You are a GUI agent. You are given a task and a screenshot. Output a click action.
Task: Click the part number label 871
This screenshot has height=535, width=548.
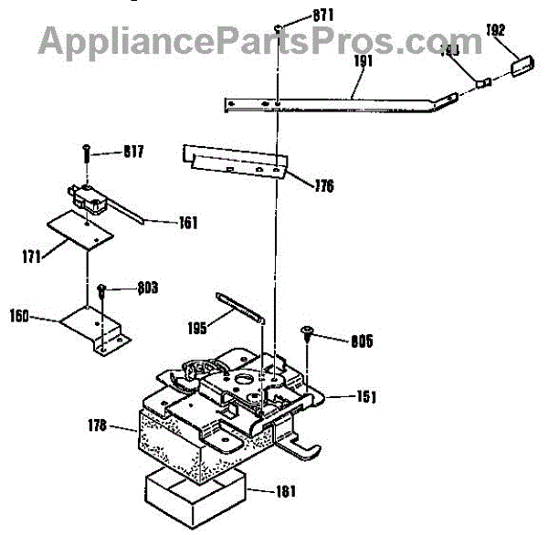tap(298, 15)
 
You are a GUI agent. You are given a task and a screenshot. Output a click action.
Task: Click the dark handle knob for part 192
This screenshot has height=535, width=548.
tap(522, 66)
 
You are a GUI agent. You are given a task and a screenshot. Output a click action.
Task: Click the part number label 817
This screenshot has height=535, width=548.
tap(133, 151)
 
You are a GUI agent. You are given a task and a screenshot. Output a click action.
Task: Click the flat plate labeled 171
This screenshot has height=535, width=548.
tap(81, 229)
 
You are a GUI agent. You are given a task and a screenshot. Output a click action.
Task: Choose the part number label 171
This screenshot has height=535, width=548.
tap(31, 257)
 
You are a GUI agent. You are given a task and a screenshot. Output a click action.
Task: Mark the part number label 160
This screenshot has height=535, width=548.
tap(20, 317)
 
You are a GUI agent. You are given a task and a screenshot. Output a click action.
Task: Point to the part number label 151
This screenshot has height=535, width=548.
tap(367, 397)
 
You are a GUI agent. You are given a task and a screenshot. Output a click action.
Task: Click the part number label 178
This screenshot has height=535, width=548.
tap(98, 425)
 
